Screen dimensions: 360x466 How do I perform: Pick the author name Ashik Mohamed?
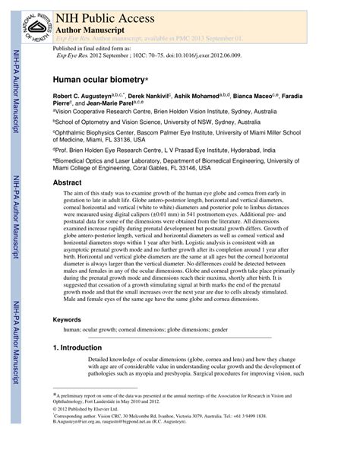pyautogui.click(x=227, y=98)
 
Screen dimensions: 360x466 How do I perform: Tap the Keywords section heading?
pyautogui.click(x=69, y=341)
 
